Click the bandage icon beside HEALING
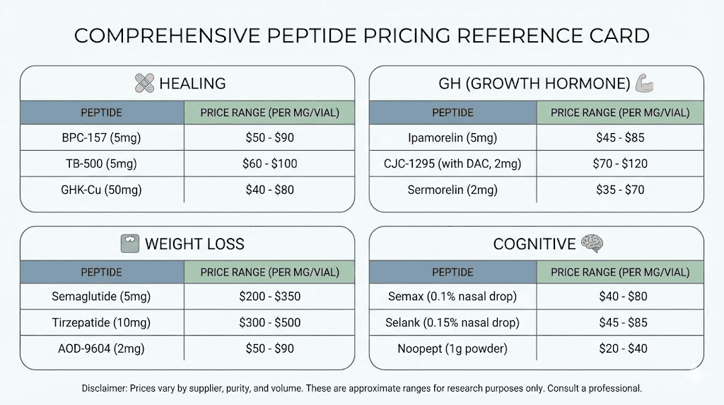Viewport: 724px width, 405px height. tap(144, 84)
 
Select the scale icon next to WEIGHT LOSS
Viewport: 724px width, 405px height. tap(130, 244)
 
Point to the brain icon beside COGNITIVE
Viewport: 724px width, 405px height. tap(592, 244)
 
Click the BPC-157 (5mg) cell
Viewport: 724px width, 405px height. tap(101, 138)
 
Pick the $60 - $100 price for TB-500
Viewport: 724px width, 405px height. tap(269, 164)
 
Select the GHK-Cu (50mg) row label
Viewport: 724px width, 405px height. tap(101, 190)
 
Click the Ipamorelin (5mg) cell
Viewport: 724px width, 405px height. tap(452, 138)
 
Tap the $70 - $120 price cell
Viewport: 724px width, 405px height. tap(620, 164)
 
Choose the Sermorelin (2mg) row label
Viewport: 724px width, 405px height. tap(452, 190)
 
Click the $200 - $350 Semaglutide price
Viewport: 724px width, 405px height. tap(269, 297)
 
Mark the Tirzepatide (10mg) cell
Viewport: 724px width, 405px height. tap(101, 323)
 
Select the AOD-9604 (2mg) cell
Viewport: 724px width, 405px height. tap(101, 349)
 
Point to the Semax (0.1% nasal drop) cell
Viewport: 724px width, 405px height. tap(452, 297)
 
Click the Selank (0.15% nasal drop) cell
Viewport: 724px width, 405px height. tap(452, 323)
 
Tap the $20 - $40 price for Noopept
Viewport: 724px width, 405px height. tap(620, 349)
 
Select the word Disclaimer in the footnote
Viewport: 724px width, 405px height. tap(104, 389)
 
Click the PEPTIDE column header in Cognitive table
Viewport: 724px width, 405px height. tap(452, 273)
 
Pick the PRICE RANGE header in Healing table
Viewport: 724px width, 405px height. tap(269, 113)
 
